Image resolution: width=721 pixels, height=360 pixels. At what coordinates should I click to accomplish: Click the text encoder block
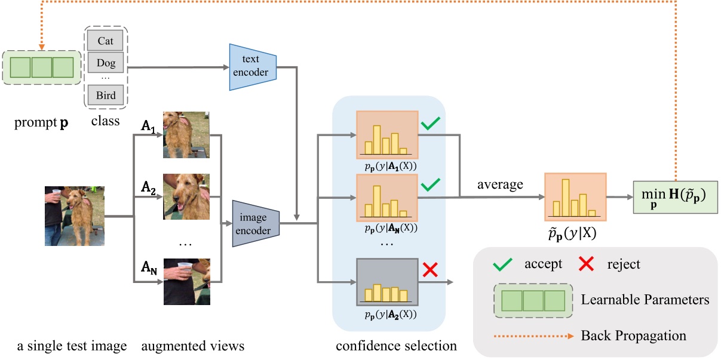253,67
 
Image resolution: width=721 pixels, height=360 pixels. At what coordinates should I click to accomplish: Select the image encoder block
256,224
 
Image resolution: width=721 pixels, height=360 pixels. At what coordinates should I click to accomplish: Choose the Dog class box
105,61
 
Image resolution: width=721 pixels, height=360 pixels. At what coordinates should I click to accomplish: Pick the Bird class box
105,94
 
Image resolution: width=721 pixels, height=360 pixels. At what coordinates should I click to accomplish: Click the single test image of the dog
74,216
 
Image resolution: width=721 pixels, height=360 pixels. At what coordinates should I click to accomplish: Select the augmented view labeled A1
186,135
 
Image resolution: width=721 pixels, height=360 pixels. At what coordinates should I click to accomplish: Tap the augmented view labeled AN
186,281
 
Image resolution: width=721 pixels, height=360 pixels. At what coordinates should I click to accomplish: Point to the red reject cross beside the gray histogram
431,269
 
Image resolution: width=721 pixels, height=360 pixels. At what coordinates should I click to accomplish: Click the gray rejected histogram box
386,282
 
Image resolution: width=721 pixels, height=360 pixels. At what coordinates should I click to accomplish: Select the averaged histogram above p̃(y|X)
575,197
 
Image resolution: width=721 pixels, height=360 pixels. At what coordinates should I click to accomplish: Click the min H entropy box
675,197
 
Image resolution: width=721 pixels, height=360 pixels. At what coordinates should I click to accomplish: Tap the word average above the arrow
500,184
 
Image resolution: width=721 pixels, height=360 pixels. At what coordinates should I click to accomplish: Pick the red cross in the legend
587,264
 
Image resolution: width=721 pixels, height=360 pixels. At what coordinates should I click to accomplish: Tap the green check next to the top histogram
431,124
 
